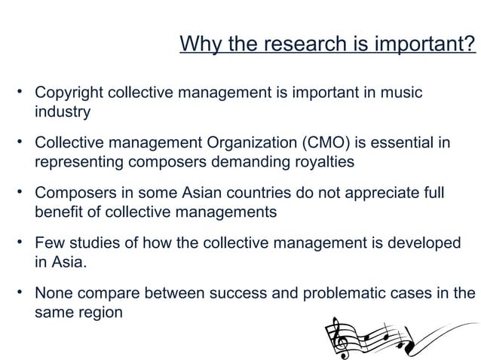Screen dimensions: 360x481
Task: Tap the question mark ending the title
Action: pos(470,46)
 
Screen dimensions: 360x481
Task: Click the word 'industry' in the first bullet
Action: pos(63,112)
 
